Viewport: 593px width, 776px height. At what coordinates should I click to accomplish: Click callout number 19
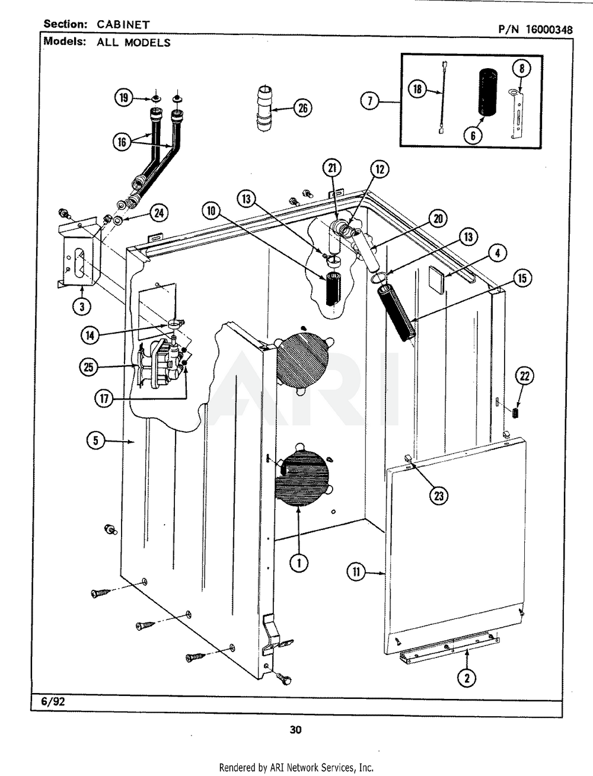tap(123, 98)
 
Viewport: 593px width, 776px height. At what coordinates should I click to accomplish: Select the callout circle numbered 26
tap(302, 108)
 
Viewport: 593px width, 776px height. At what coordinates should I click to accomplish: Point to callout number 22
tap(525, 375)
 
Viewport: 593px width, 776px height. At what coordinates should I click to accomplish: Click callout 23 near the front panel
tap(438, 496)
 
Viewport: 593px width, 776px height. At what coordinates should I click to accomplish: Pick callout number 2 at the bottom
tap(467, 679)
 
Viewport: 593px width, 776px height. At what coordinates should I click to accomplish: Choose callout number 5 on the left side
tap(95, 440)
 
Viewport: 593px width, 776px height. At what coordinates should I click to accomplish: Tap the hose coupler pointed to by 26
tap(264, 108)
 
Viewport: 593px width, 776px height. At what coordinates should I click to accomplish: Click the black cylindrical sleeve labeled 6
tap(489, 92)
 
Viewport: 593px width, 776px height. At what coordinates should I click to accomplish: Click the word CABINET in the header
tap(124, 25)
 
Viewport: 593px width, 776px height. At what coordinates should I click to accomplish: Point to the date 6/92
tap(53, 701)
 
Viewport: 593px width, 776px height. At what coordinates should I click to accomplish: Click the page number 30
tap(295, 730)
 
